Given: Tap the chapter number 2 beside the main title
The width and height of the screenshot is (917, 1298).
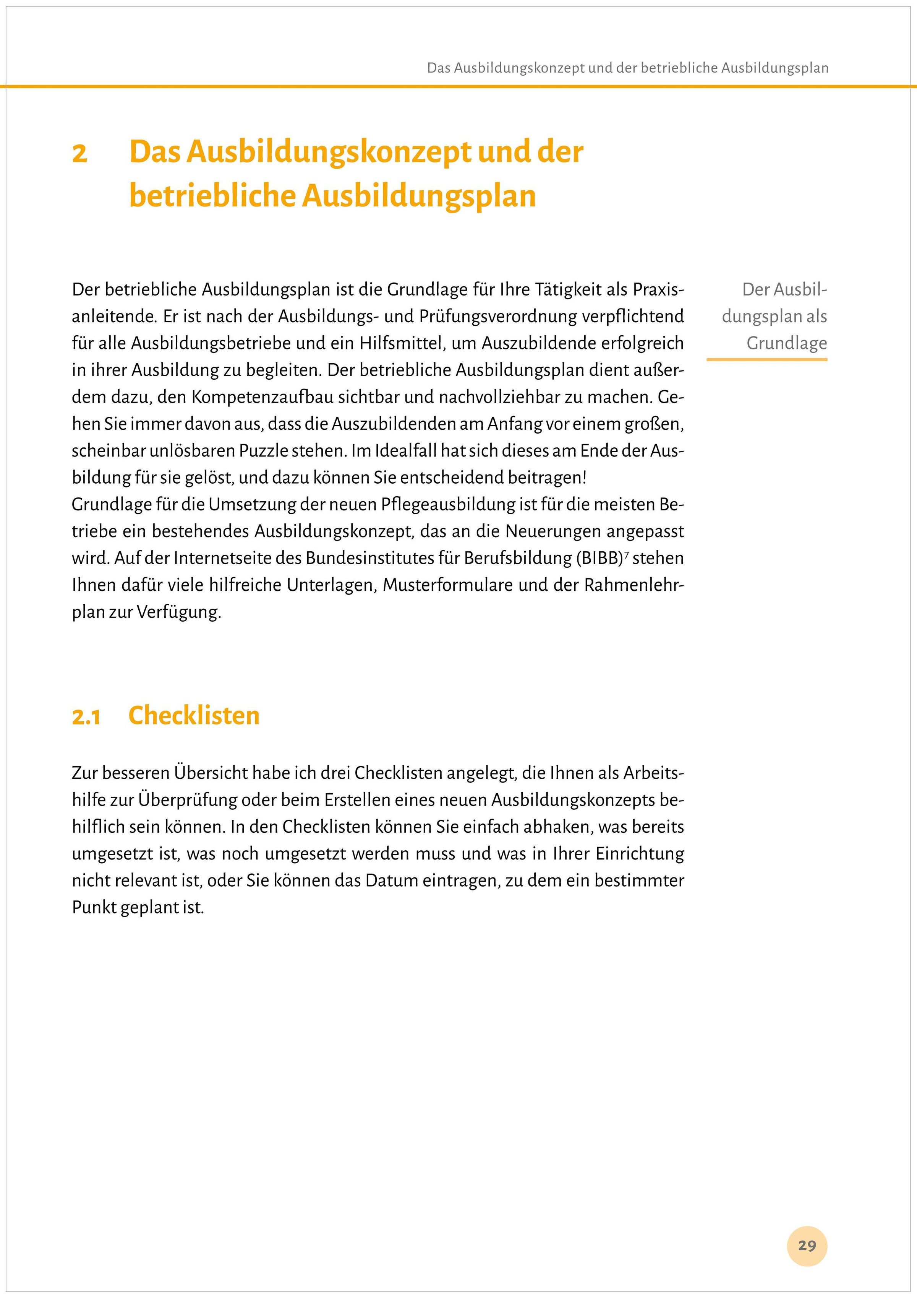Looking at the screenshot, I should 80,153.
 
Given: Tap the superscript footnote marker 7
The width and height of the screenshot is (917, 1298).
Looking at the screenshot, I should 625,554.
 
